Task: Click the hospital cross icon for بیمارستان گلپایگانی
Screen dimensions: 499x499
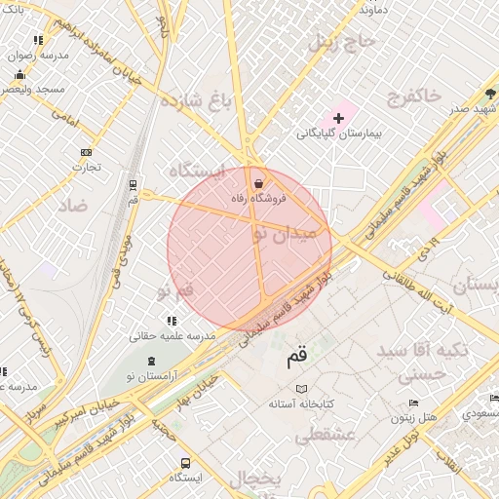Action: pos(338,118)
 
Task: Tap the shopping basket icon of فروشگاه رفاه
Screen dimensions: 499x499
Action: pos(258,183)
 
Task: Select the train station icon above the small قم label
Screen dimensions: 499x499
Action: pos(133,184)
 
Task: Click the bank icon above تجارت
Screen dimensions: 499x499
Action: pos(87,152)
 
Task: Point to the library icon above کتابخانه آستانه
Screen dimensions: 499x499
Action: pos(301,388)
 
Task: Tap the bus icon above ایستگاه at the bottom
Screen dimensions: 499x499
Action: pos(185,463)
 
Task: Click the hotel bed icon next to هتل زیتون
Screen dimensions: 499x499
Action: pos(414,403)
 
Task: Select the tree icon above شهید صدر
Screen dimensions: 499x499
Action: pos(490,95)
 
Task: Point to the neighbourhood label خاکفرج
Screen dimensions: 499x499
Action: pos(414,95)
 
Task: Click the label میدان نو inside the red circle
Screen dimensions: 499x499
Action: pos(284,234)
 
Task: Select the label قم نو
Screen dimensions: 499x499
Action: pos(175,291)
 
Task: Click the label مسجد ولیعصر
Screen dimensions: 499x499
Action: pos(33,89)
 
